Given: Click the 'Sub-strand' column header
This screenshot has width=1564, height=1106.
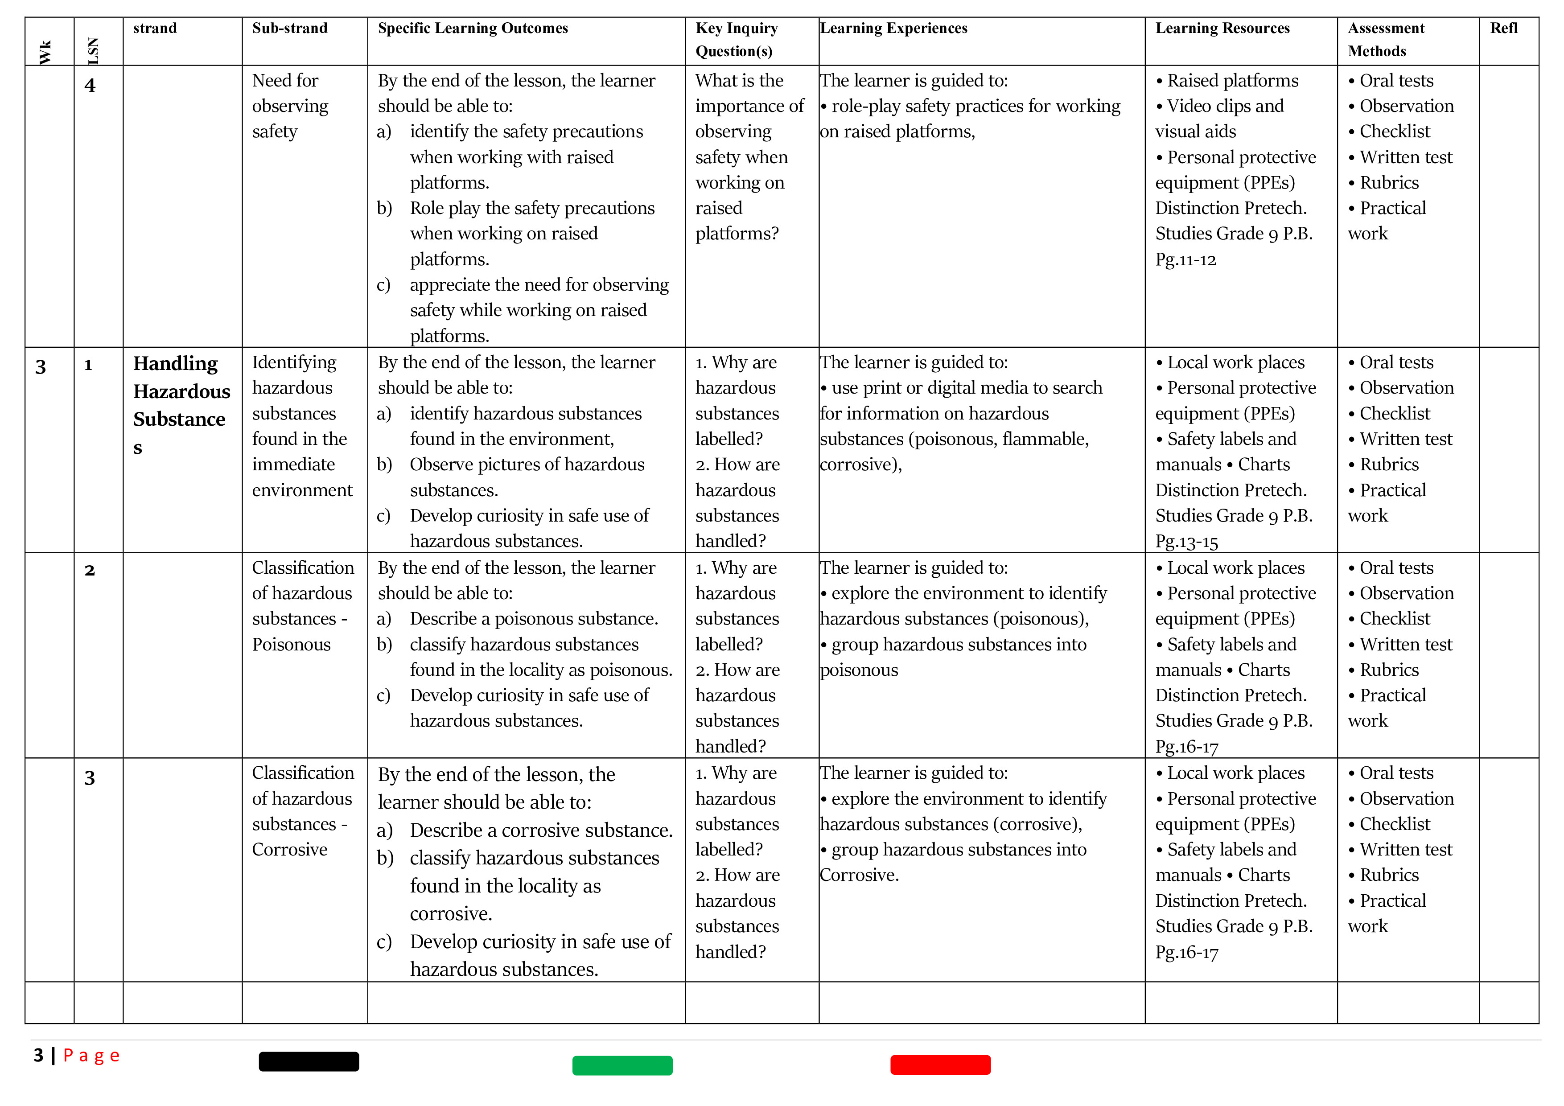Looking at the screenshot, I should tap(289, 28).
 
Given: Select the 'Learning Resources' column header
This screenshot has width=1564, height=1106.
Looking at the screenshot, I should tap(1222, 28).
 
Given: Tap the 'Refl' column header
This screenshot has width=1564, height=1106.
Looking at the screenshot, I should tap(1503, 28).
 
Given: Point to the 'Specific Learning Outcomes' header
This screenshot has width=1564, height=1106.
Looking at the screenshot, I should tap(473, 28).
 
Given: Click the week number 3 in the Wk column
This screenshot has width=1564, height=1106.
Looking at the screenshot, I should tap(41, 367).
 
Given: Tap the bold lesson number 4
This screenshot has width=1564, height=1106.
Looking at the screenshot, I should tap(90, 86).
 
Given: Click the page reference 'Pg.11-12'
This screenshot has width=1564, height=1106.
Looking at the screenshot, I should tap(1185, 259).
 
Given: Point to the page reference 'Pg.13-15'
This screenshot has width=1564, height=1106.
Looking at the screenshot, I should tap(1186, 542).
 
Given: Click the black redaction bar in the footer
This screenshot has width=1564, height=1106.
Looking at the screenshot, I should tap(309, 1062).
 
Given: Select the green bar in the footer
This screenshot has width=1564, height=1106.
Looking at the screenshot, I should tap(622, 1065).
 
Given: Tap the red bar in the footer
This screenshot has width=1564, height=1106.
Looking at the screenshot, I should tap(940, 1065).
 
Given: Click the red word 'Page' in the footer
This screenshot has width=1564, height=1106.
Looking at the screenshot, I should tap(91, 1056).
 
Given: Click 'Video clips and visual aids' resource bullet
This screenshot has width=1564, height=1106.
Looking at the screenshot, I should tap(1219, 119).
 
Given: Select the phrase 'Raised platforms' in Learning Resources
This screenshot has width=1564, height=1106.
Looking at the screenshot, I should tap(1232, 80).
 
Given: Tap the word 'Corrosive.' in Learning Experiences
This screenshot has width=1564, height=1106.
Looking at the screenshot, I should tap(859, 875).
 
